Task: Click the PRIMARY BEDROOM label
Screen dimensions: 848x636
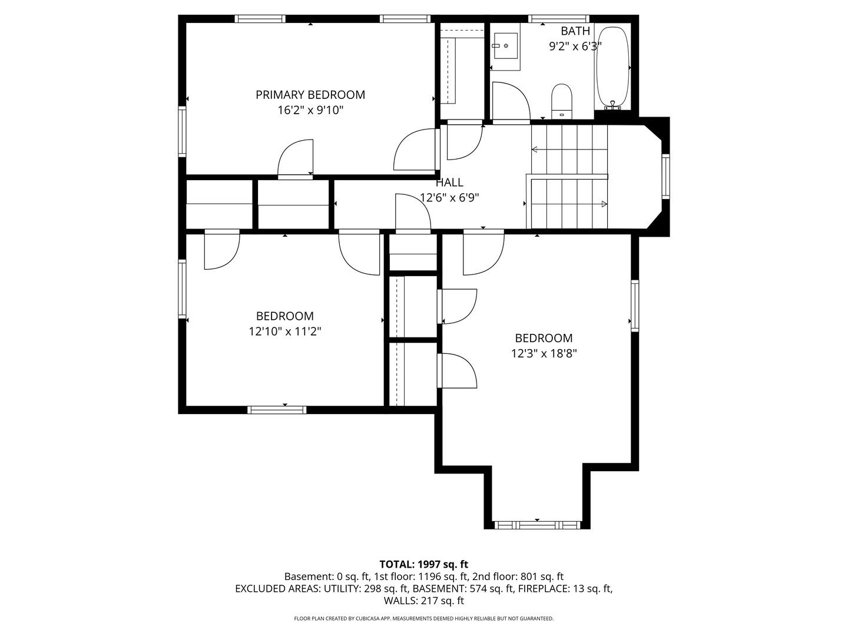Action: pos(310,95)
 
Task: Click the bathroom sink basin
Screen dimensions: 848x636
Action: pos(506,46)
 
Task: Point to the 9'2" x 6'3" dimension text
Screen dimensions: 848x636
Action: pos(575,47)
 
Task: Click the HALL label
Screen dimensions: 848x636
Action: pos(450,183)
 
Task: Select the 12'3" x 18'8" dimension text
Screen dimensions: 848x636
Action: pos(544,353)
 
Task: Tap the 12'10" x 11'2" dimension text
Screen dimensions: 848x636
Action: pos(284,332)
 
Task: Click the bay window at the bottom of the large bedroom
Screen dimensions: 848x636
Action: pos(538,525)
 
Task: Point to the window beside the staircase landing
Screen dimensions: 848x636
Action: pos(665,177)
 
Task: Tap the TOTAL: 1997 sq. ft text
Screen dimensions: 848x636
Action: pos(424,564)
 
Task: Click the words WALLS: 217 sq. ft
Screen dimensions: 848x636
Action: pos(424,601)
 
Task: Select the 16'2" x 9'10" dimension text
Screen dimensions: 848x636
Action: pos(310,111)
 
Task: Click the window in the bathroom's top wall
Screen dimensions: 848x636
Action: pos(559,18)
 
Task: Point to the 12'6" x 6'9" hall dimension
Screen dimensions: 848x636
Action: pos(449,198)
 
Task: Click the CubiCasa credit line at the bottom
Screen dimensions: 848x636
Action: pos(424,618)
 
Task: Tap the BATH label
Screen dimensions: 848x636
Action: pos(575,31)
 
